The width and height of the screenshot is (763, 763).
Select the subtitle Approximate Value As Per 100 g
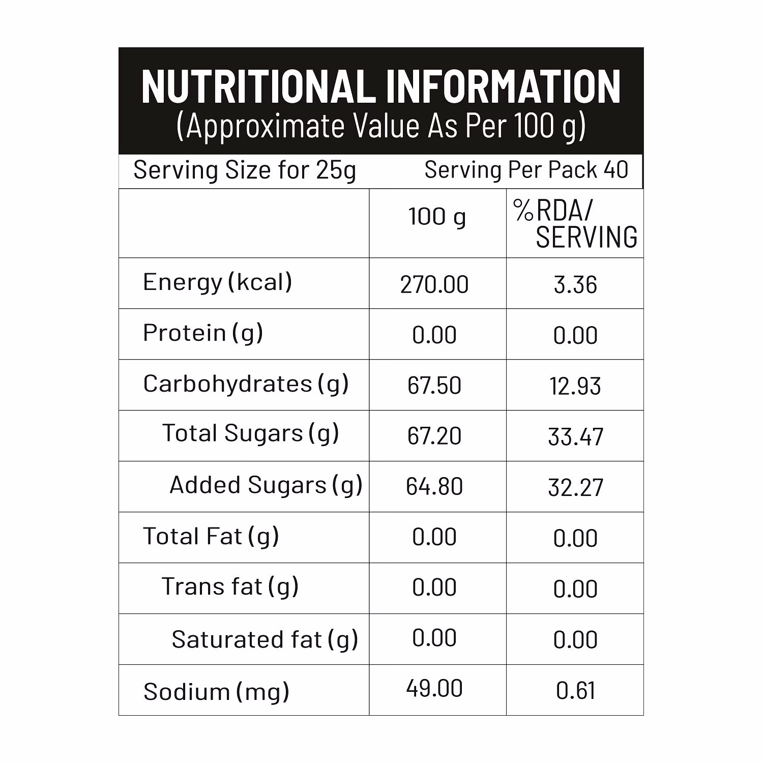point(381,126)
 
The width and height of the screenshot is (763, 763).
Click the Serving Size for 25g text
point(244,170)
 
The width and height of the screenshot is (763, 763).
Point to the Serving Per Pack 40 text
point(526,170)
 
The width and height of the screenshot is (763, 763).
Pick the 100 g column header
point(437,217)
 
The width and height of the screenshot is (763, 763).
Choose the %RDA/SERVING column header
point(575,224)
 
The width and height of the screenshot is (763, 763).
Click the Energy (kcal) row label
point(218,283)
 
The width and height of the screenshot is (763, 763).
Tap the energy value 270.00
point(434,284)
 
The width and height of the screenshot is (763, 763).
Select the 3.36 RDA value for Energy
point(575,284)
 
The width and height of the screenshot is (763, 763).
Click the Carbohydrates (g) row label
point(246,384)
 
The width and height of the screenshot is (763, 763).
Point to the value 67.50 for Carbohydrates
point(434,386)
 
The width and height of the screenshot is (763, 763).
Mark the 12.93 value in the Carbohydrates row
point(575,386)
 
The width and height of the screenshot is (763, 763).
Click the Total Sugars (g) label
point(250,434)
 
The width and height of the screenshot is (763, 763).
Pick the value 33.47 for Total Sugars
point(575,437)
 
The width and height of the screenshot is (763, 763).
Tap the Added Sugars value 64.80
point(434,487)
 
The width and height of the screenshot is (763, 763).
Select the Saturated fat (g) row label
point(265,640)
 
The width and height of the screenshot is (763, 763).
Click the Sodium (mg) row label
point(216,692)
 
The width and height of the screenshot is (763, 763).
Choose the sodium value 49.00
point(434,689)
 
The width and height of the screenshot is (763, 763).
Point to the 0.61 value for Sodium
point(575,691)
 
